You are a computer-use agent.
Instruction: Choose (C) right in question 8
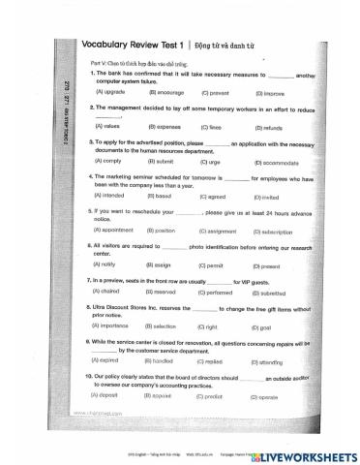(x=211, y=326)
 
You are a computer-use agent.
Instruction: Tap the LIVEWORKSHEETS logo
(x=308, y=453)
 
